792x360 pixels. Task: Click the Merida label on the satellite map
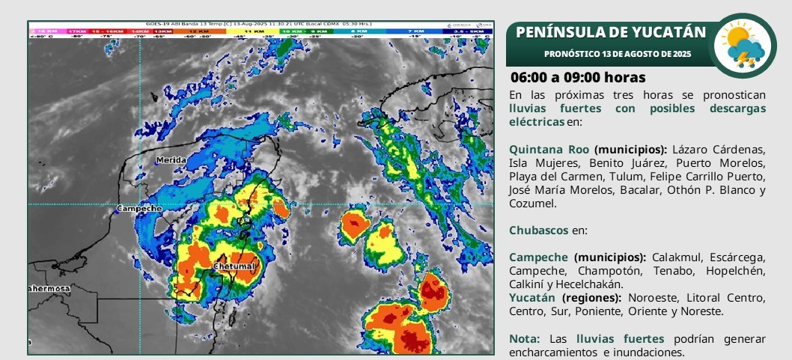coord(171,160)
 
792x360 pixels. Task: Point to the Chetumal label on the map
coord(235,266)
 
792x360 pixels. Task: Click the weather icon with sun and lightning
coord(742,46)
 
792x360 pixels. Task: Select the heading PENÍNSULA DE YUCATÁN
coord(611,32)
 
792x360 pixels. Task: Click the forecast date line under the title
coord(618,54)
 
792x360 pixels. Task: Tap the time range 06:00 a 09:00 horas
coord(578,78)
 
